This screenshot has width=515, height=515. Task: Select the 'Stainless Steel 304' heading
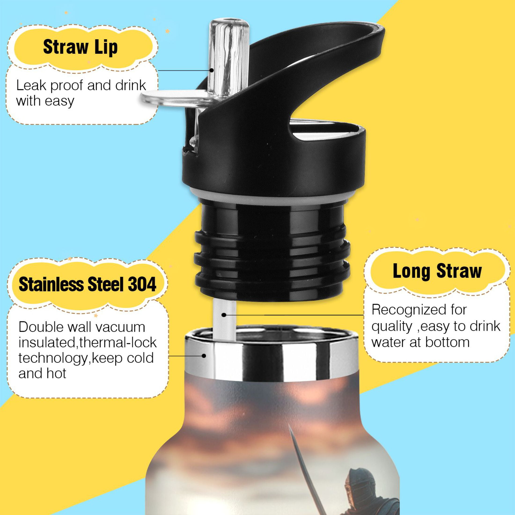[87, 284]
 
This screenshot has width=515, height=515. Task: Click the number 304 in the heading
[142, 284]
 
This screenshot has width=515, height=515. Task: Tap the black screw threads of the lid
[272, 259]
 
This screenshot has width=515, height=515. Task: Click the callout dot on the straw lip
[211, 70]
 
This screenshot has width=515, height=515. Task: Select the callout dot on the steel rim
[204, 356]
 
